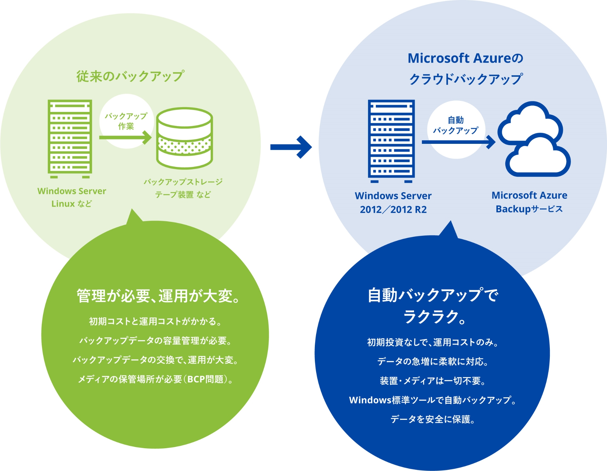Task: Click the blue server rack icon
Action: tap(391, 140)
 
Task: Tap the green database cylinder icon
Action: tap(184, 138)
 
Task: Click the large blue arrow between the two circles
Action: tap(291, 147)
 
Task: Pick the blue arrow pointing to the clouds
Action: tap(458, 142)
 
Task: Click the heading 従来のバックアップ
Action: tap(130, 76)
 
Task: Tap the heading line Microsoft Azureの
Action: tap(465, 58)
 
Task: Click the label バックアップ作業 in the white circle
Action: tap(126, 121)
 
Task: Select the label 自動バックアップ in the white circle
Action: tap(455, 125)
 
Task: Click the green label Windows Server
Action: tap(72, 191)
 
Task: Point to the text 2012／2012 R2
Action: tap(393, 210)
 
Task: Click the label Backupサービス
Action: tap(529, 209)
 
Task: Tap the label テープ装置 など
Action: tap(183, 195)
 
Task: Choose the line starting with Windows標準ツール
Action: tap(432, 400)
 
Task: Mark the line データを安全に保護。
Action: tap(433, 419)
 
